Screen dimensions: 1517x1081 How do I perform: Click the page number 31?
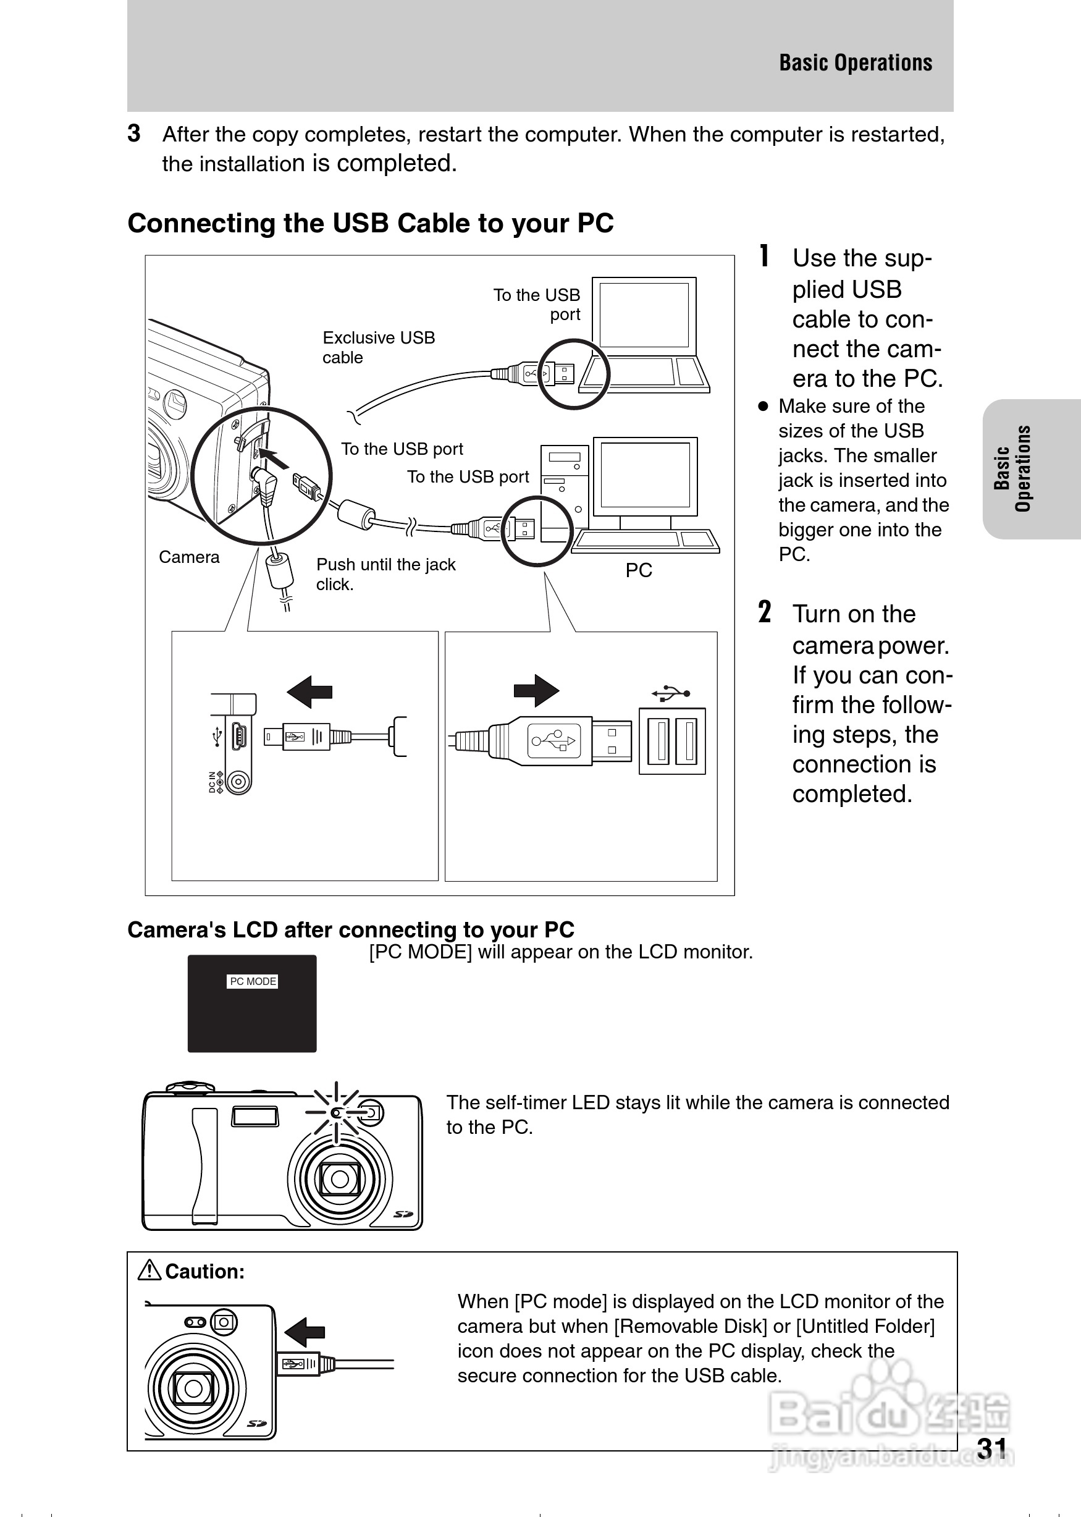[x=992, y=1448]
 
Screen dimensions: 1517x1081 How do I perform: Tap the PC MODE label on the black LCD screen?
[x=252, y=981]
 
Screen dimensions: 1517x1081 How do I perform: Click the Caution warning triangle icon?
[x=149, y=1270]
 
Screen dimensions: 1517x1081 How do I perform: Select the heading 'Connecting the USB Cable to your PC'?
[x=370, y=223]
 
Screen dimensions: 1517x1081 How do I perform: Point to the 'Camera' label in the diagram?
[x=189, y=557]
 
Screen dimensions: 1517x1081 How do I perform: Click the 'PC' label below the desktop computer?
[x=638, y=570]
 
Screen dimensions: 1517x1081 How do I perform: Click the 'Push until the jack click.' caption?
[x=385, y=574]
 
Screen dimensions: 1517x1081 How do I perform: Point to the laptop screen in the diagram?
[x=644, y=315]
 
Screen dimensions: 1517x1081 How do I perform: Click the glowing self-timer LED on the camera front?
[x=337, y=1113]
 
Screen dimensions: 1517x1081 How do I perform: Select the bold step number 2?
[x=765, y=612]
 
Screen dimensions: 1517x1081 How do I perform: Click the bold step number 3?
[x=134, y=134]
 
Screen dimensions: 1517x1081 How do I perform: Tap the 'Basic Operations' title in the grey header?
[x=856, y=62]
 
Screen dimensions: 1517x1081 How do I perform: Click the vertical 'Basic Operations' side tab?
[x=1012, y=468]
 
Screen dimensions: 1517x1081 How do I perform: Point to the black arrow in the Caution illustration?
[x=305, y=1332]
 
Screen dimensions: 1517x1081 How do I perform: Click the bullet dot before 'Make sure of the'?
[x=763, y=406]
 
